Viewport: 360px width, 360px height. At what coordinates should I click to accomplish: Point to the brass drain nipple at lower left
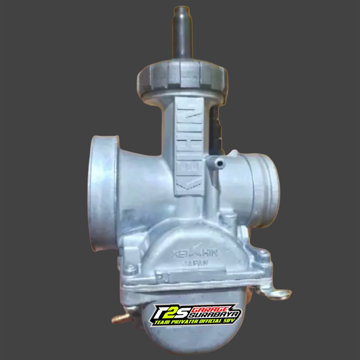117,319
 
